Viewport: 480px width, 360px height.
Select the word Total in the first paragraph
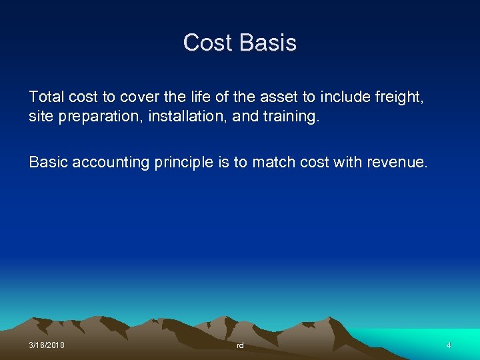pos(45,97)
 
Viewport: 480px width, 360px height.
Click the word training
pos(292,117)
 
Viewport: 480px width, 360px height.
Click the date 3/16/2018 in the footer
pos(47,345)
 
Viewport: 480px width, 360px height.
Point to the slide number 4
pos(449,345)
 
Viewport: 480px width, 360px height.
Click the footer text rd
pos(240,345)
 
